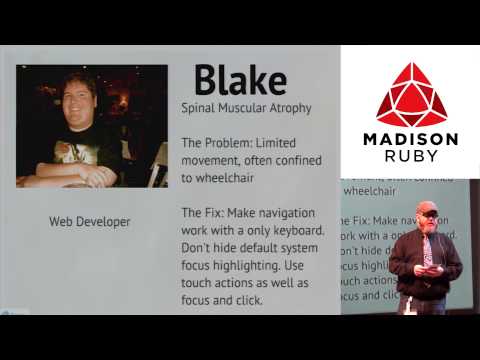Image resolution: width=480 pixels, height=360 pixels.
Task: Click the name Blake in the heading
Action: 239,79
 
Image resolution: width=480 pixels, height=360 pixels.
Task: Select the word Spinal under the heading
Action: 200,107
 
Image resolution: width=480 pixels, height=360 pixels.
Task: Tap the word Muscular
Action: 250,107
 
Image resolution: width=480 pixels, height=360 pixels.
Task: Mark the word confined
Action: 289,160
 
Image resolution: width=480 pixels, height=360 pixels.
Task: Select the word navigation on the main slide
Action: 281,213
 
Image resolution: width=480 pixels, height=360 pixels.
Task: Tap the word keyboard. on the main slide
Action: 286,231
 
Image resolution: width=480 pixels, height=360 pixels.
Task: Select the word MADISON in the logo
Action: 410,139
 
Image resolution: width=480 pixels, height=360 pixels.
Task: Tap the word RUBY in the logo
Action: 410,157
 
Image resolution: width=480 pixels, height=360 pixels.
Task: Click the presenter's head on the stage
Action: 427,214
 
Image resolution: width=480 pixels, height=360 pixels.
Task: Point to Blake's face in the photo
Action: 79,100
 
